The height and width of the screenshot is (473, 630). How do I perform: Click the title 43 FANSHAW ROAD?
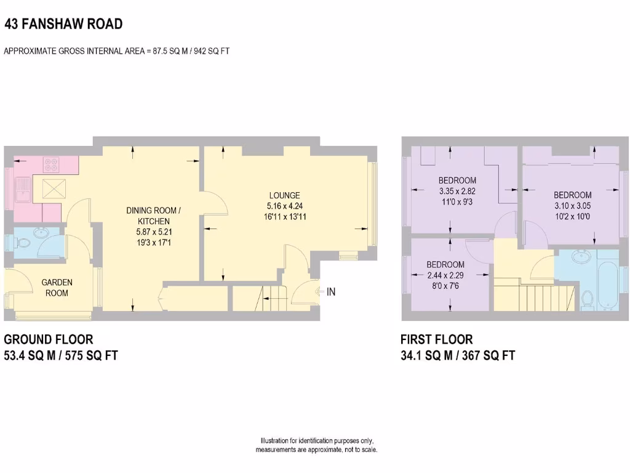(x=63, y=24)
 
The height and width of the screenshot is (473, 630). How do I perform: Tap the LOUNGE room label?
(x=284, y=195)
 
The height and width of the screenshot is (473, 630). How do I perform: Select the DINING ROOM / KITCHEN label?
(x=153, y=216)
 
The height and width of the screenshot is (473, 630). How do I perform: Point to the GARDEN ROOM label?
(x=57, y=288)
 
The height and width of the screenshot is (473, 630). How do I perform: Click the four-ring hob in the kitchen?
(x=51, y=164)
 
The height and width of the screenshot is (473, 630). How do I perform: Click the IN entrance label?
(x=331, y=292)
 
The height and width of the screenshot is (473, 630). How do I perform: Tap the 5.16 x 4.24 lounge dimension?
(x=284, y=206)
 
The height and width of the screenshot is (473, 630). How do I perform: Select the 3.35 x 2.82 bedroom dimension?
(x=457, y=191)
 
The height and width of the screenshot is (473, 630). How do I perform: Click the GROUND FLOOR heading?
(x=49, y=339)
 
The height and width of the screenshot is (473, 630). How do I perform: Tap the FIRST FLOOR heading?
(x=436, y=339)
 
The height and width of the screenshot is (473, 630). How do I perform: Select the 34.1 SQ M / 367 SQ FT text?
(x=457, y=355)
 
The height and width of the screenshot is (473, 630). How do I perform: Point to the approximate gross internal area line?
(x=117, y=51)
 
